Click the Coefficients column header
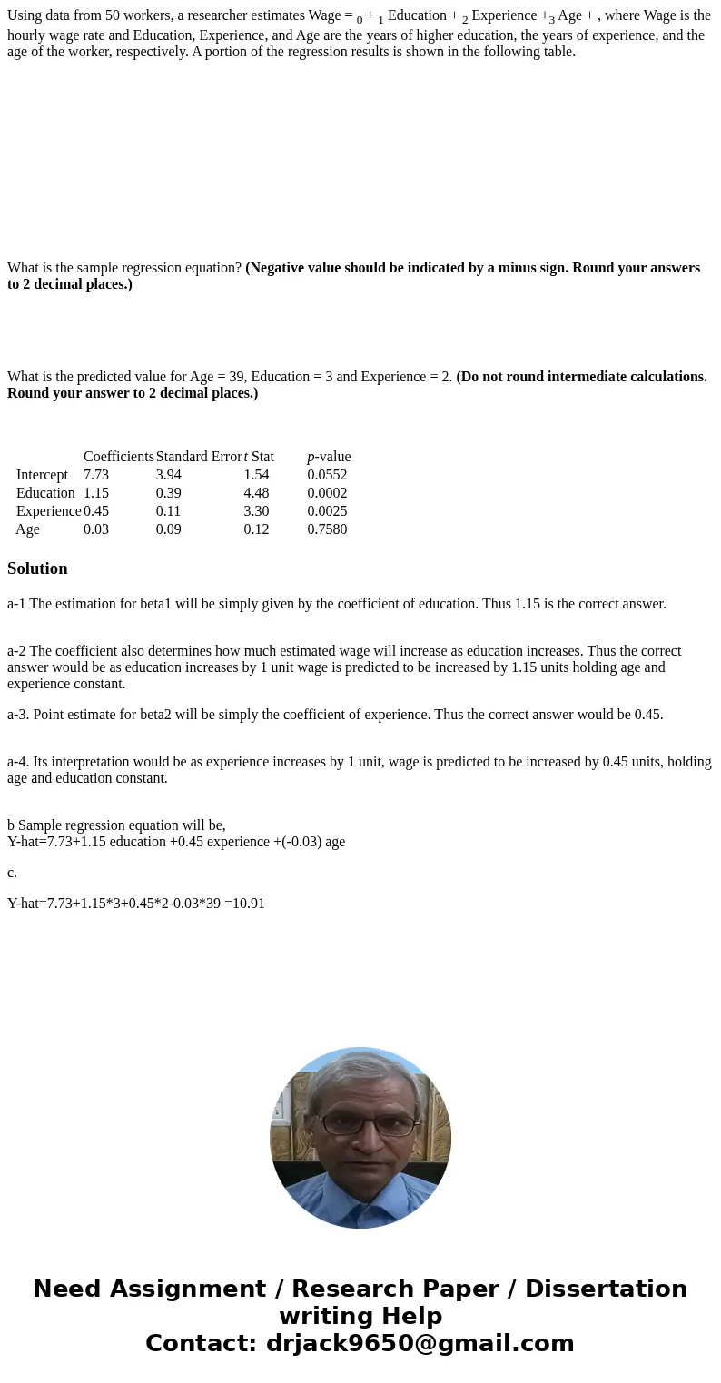pos(118,457)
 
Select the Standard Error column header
pos(198,457)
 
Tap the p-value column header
pos(329,457)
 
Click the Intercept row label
pos(42,475)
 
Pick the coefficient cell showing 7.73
pos(96,475)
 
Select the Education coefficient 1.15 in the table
pos(96,493)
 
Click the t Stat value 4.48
pos(256,493)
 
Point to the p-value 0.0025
pos(327,511)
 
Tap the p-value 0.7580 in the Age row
pos(327,529)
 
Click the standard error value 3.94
pos(168,475)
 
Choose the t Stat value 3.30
pos(256,511)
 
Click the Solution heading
pos(37,568)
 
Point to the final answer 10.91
pos(248,904)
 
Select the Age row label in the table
pos(27,529)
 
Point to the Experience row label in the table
pos(49,511)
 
